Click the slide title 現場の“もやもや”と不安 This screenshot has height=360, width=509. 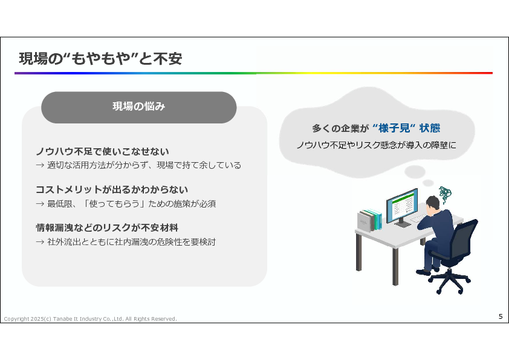click(100, 59)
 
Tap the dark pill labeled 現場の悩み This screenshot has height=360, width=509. click(139, 107)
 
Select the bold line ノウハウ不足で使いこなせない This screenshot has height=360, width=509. click(102, 151)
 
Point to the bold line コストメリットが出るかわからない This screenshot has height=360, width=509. click(112, 189)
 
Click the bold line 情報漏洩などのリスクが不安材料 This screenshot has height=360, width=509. click(107, 227)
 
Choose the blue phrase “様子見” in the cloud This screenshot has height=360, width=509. click(394, 128)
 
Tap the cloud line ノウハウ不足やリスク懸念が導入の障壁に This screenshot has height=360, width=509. click(376, 145)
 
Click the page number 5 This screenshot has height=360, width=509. click(501, 316)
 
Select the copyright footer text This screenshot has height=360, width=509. click(90, 319)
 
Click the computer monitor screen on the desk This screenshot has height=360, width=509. click(402, 205)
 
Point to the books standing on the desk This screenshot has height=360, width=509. click(369, 220)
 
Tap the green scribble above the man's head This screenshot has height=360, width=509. click(445, 194)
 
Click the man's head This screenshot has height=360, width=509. click(433, 204)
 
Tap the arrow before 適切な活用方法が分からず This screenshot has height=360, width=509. click(40, 165)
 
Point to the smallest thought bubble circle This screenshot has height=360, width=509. click(428, 183)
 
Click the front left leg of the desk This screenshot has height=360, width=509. click(395, 266)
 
